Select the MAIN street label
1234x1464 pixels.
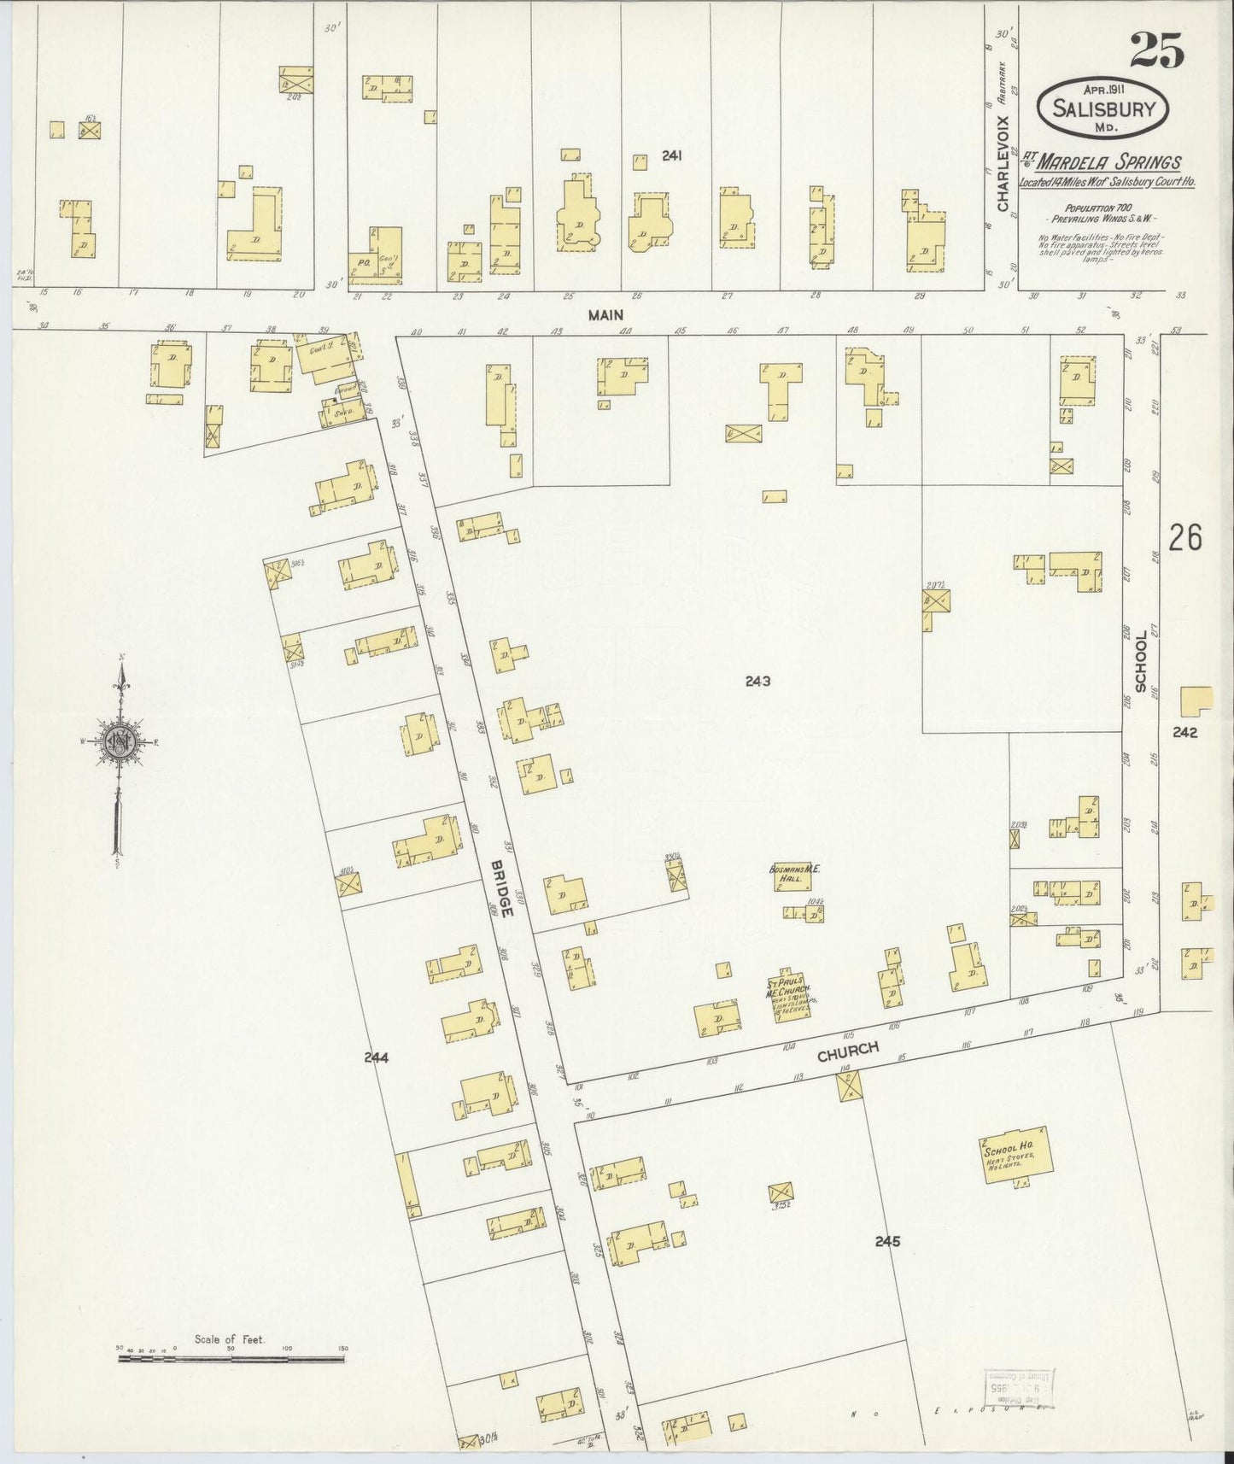click(x=605, y=315)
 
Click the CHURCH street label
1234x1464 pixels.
click(x=847, y=1051)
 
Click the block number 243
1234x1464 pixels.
click(x=757, y=681)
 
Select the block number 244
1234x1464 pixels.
click(x=377, y=1057)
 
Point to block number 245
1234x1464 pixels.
click(x=887, y=1241)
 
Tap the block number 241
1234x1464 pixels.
click(x=675, y=155)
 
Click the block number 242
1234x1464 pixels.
click(x=1185, y=732)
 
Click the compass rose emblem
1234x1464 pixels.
click(x=122, y=741)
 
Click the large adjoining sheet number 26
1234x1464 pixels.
click(x=1186, y=538)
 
